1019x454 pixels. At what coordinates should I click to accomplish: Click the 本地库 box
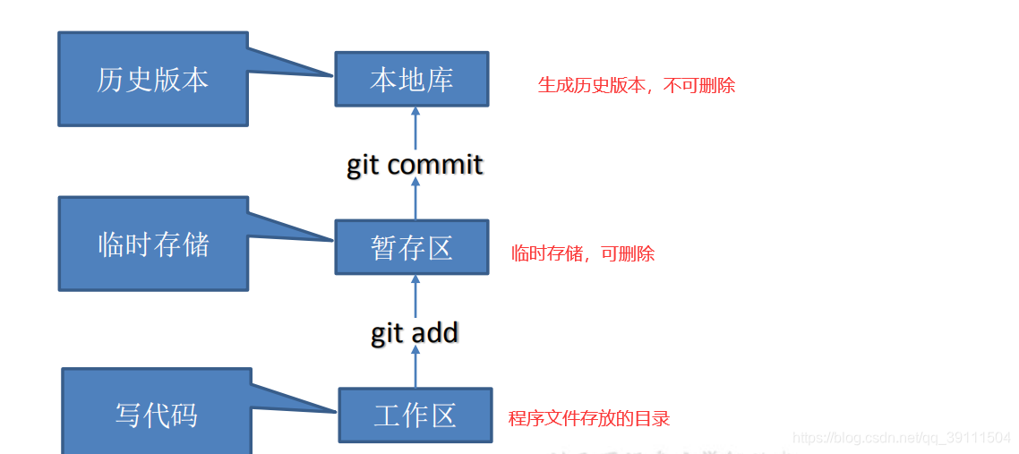[x=412, y=79]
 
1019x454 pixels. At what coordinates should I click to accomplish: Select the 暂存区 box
[x=412, y=247]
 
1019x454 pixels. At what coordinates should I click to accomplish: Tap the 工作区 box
[x=415, y=415]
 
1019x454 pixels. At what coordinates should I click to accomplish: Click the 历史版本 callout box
[x=152, y=79]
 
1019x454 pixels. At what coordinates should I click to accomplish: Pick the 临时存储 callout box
[x=153, y=244]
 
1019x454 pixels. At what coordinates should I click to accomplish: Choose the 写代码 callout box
[x=156, y=414]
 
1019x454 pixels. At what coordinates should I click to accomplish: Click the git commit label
[x=415, y=165]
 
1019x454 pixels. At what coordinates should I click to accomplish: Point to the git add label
[x=415, y=333]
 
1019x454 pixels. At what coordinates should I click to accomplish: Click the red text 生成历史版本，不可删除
[x=636, y=86]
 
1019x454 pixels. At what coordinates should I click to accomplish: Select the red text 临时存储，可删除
[x=583, y=253]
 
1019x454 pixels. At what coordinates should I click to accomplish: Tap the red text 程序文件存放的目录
[x=589, y=418]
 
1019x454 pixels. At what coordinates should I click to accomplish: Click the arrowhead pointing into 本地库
[x=415, y=111]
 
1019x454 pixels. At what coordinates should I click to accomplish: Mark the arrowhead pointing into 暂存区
[x=415, y=279]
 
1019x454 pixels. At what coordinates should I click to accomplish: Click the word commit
[x=436, y=165]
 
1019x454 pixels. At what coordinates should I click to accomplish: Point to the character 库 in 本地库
[x=439, y=79]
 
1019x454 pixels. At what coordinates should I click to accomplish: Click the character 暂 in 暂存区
[x=384, y=248]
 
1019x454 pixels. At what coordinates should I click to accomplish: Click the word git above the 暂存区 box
[x=363, y=166]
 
